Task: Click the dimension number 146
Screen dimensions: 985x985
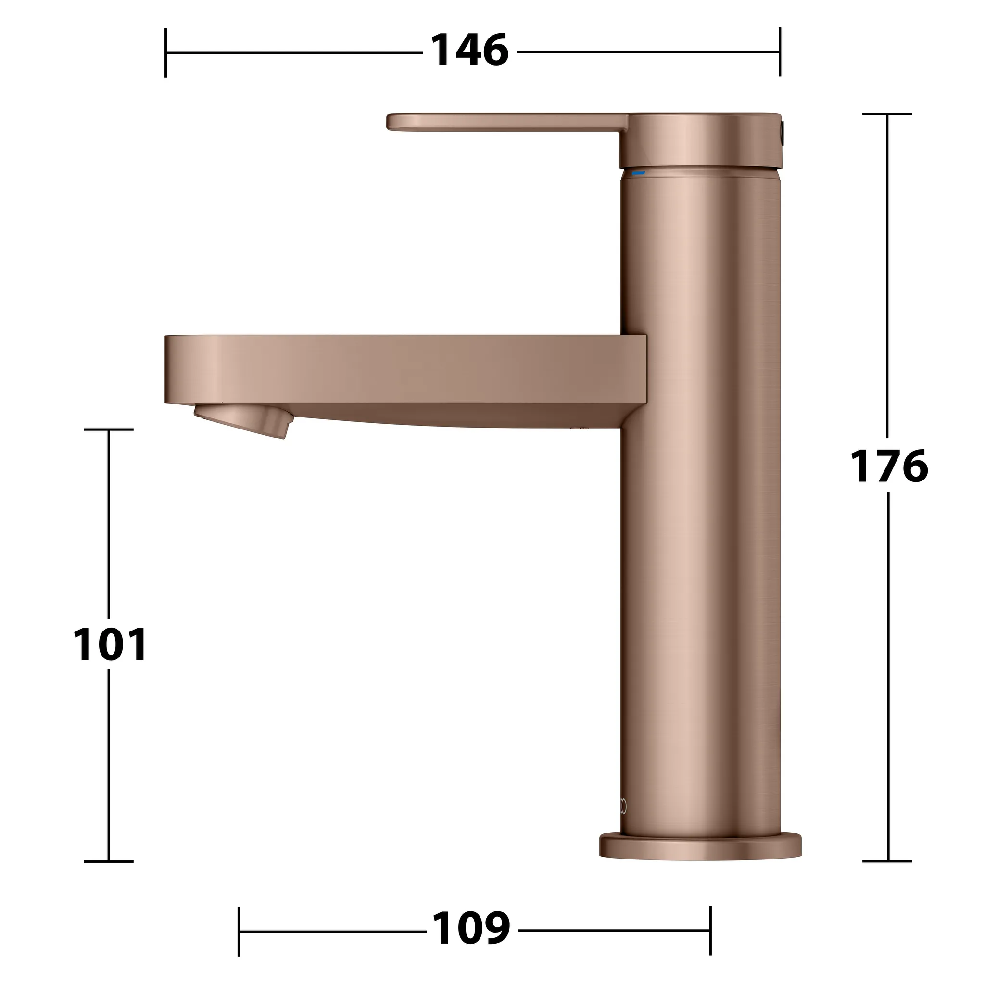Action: tap(469, 51)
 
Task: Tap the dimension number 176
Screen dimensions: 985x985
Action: tap(889, 466)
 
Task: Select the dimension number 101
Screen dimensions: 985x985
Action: tap(110, 645)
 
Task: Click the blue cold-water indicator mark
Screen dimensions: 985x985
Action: tap(638, 173)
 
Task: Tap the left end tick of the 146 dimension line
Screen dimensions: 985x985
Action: tap(166, 52)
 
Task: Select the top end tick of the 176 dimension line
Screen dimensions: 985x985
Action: tap(887, 114)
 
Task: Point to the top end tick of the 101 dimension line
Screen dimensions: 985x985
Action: tap(109, 429)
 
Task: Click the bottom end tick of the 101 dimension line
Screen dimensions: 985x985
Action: tap(109, 861)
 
